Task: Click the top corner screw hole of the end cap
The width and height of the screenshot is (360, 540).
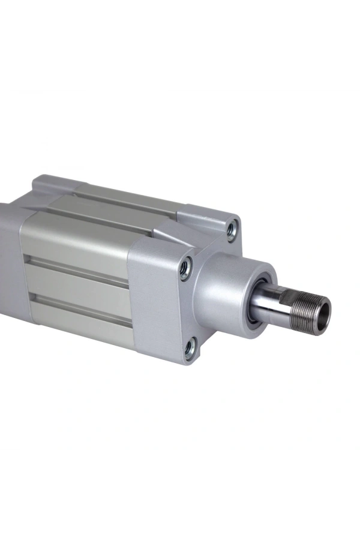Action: [231, 229]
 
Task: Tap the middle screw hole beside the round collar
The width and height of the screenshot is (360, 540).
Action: [186, 267]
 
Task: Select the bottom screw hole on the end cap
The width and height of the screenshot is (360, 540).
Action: [190, 347]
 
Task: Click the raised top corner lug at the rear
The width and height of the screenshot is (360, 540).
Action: [51, 183]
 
